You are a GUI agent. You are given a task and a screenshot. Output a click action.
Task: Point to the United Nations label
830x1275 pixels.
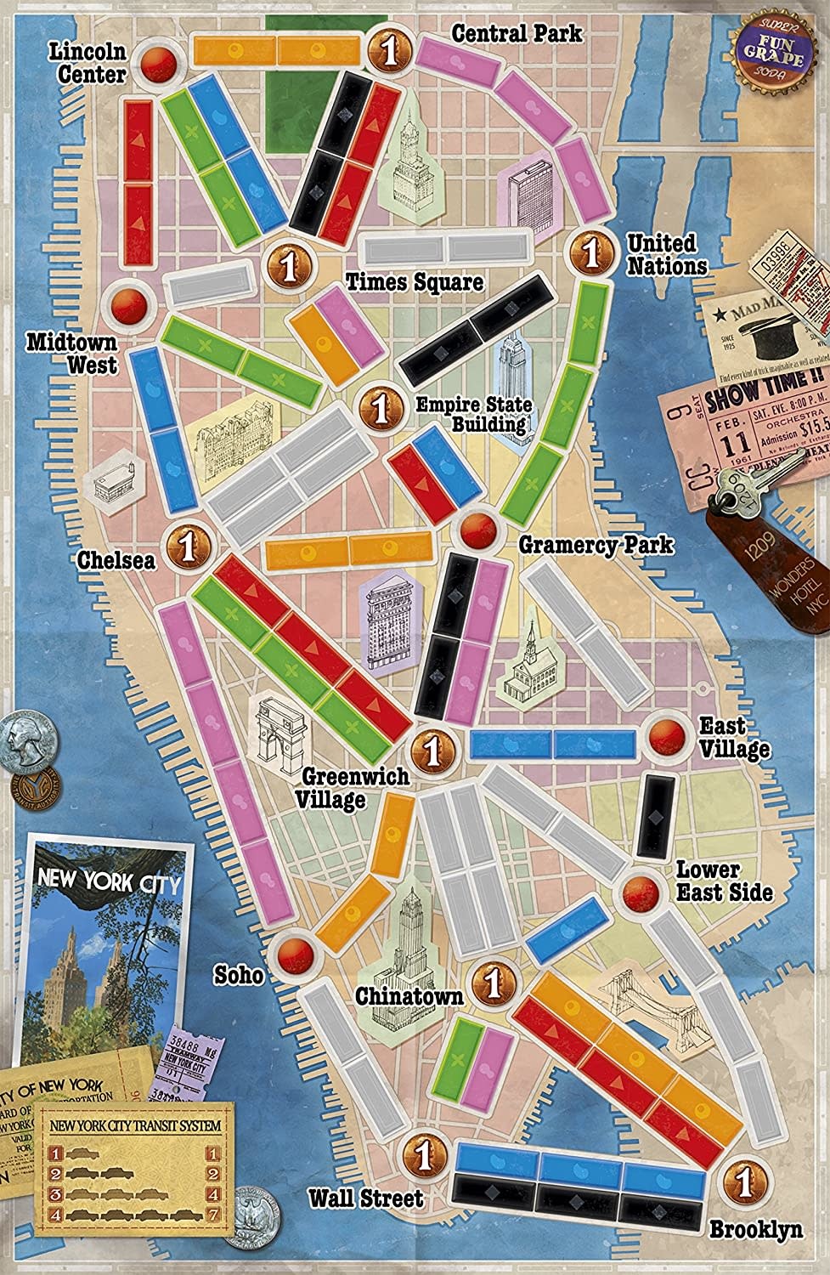(x=666, y=254)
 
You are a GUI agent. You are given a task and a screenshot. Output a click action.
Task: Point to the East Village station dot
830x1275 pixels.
(x=666, y=736)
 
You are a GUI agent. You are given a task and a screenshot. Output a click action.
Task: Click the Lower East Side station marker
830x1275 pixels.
(x=639, y=892)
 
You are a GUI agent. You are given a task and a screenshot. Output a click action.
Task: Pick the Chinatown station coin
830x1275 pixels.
(x=490, y=982)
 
